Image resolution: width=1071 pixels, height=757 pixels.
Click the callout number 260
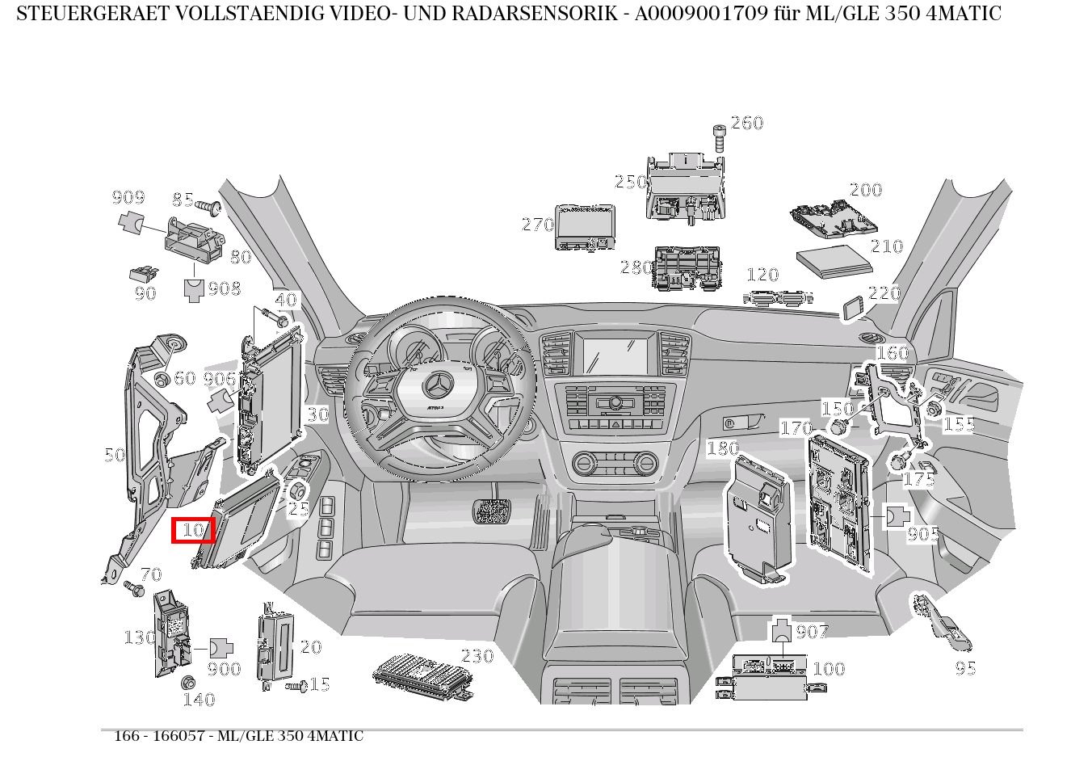[x=747, y=123]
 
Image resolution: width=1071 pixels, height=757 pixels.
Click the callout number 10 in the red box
[x=193, y=530]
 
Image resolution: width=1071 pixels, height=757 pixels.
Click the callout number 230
[x=477, y=656]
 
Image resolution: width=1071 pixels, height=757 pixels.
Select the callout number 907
[x=812, y=632]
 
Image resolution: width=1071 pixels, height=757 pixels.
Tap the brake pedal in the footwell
[x=491, y=511]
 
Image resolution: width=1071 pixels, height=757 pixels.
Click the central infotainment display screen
[x=615, y=356]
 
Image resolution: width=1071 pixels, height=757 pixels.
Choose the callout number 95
[x=965, y=668]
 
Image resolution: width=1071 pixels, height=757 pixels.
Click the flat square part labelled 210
[x=834, y=261]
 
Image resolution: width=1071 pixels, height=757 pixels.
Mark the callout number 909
[x=128, y=197]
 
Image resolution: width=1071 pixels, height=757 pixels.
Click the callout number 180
[x=723, y=448]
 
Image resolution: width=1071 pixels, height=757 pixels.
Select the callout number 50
[x=115, y=455]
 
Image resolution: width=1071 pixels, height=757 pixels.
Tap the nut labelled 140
[x=188, y=682]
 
